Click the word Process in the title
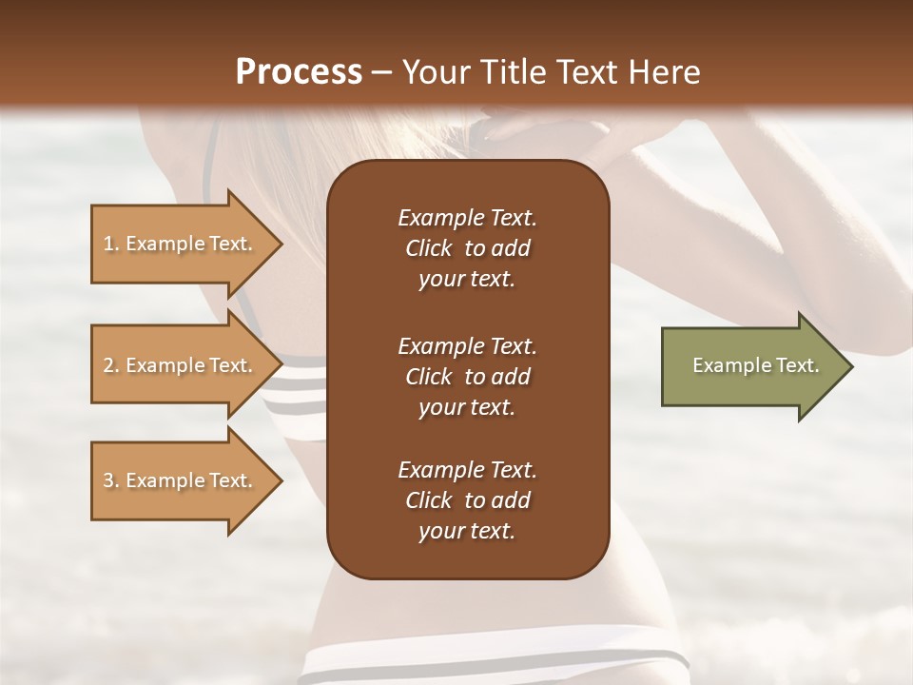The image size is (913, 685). tap(299, 72)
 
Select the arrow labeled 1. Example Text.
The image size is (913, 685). tap(181, 244)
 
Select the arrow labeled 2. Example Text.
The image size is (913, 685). tap(181, 365)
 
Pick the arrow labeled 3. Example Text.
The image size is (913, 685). tap(181, 480)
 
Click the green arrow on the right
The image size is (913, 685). tap(751, 366)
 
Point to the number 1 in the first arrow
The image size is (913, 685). tap(108, 244)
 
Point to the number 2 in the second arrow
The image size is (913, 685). tap(108, 365)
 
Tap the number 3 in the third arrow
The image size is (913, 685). tap(108, 480)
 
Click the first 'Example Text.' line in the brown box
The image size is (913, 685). tap(467, 218)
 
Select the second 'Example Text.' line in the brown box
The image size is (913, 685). tap(467, 345)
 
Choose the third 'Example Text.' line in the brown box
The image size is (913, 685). tap(467, 470)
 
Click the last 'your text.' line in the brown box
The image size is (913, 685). tap(467, 532)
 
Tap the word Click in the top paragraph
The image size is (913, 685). tap(428, 248)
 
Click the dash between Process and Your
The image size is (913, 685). tap(382, 72)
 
